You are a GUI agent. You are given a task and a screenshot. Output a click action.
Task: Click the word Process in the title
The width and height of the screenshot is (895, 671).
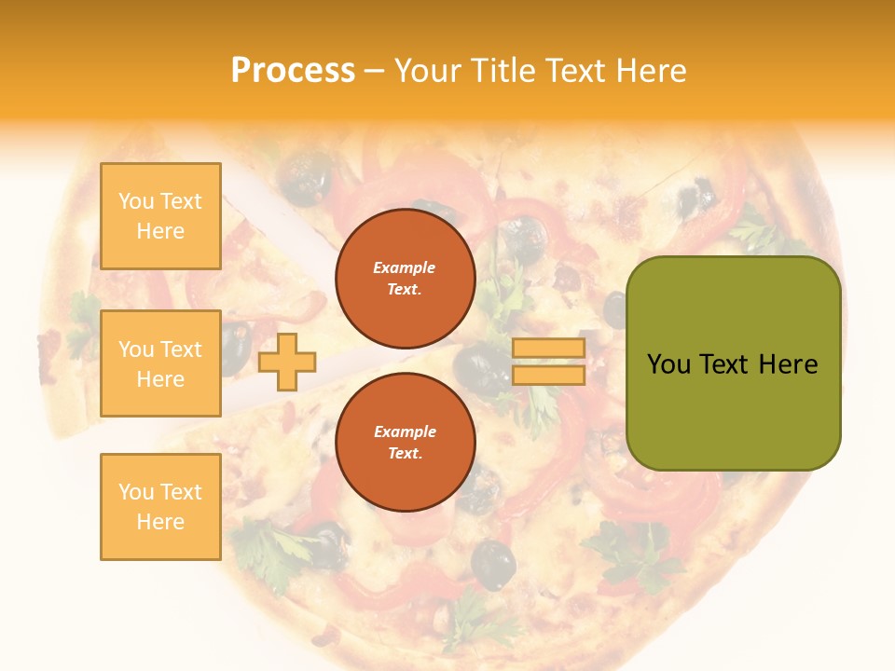(x=293, y=71)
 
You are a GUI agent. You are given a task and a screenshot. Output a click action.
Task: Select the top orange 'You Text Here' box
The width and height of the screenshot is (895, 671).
(x=160, y=216)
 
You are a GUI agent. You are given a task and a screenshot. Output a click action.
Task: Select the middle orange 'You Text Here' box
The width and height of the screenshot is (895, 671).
(x=160, y=363)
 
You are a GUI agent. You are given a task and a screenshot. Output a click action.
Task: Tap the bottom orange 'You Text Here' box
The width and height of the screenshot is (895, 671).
(x=160, y=507)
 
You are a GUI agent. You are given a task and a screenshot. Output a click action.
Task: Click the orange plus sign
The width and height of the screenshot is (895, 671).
(x=287, y=362)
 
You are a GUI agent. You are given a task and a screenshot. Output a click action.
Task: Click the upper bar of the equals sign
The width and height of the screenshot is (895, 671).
(x=549, y=349)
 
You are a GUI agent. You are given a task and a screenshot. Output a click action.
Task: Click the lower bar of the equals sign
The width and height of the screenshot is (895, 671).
(x=549, y=375)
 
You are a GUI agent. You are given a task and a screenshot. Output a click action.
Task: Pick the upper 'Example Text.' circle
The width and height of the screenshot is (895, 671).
(x=406, y=279)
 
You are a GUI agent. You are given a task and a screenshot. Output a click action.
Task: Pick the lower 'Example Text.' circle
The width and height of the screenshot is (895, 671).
(x=406, y=443)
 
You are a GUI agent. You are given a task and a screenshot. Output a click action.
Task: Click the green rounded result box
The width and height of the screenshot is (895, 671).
(x=734, y=363)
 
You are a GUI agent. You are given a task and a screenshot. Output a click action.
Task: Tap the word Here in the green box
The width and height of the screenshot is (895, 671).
(x=788, y=364)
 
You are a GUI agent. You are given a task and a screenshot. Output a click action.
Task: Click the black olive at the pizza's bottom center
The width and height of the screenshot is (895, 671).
(x=492, y=564)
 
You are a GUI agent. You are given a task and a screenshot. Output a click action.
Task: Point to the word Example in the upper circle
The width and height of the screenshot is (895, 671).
(x=405, y=267)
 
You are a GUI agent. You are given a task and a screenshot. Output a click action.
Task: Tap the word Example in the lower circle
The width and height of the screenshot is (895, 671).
(x=405, y=431)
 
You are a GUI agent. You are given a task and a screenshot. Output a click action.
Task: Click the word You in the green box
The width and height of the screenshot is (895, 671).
(x=668, y=364)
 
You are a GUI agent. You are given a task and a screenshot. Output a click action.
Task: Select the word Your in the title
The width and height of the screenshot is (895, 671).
(x=427, y=71)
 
